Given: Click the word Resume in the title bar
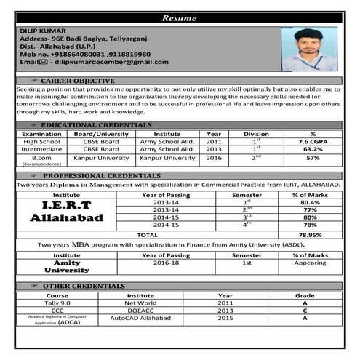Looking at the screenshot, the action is pos(180,17).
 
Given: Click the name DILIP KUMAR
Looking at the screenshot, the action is pos(43,31).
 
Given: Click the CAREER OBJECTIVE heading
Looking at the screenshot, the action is pos(77,80).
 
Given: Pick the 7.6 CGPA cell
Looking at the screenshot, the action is pos(313,141).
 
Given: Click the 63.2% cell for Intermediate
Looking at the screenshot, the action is pos(313,149).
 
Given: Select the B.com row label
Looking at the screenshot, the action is pos(41,158).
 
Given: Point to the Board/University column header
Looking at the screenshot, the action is pos(101,134).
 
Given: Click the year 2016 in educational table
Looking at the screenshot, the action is pos(214,158).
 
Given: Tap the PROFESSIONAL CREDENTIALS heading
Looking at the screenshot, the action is pos(101,176).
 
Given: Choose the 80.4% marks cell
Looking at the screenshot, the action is pos(310,202).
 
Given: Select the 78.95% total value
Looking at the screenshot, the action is pos(310,235).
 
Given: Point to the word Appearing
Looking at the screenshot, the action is pos(310,264).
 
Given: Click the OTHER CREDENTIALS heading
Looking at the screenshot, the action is pos(83,286).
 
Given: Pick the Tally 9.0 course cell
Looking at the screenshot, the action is pos(57,303).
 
